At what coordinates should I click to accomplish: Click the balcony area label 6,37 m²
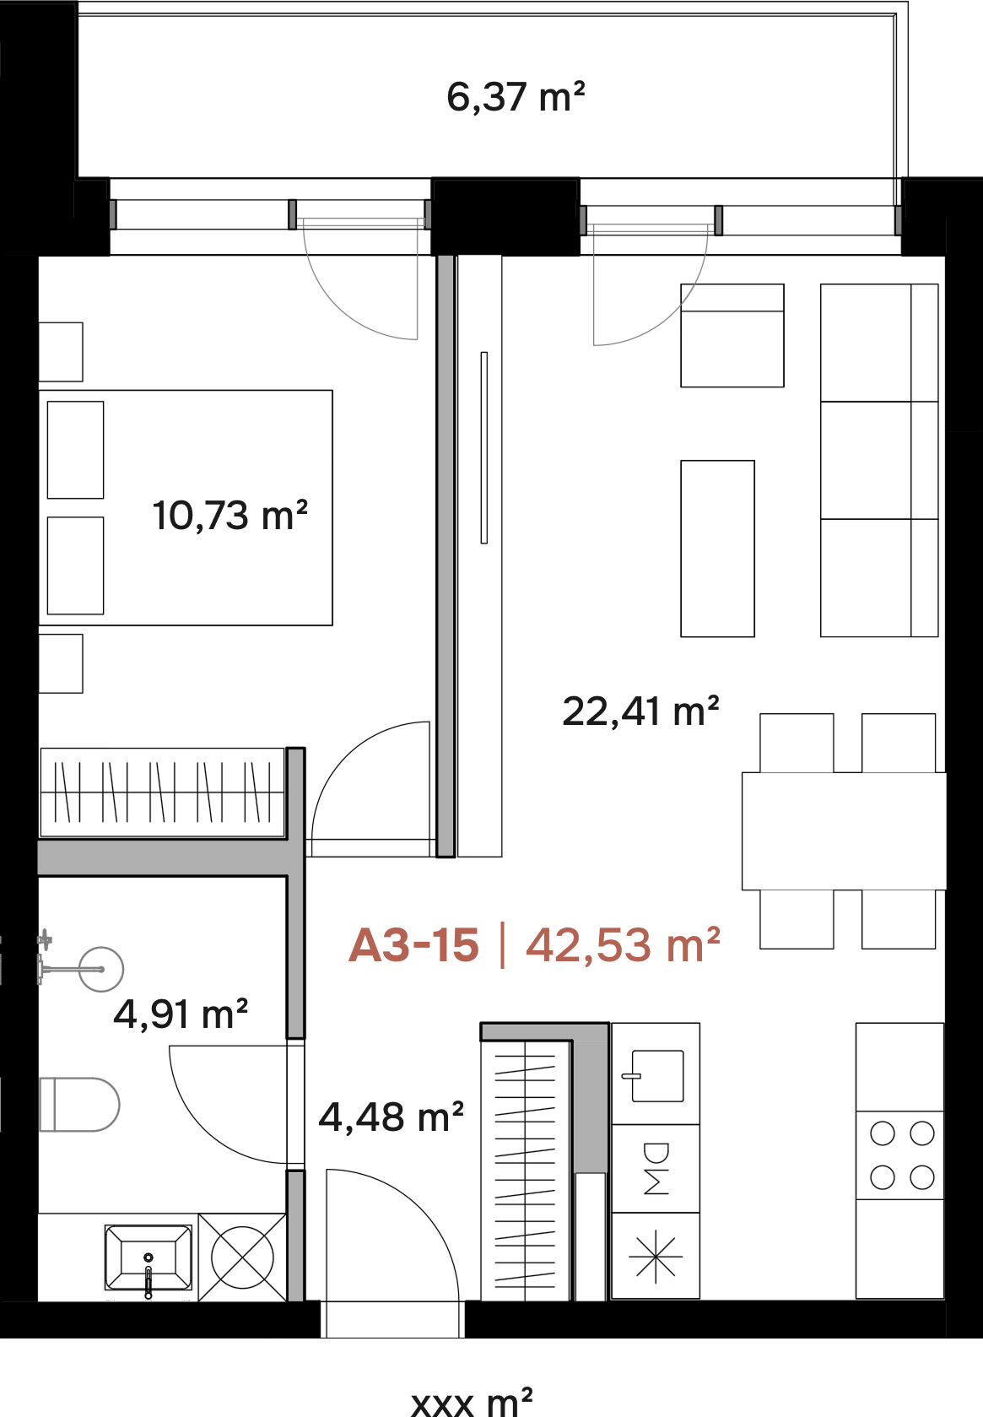coord(516,97)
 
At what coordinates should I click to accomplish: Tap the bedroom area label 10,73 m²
coord(230,516)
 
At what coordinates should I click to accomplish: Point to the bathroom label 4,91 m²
coord(181,1014)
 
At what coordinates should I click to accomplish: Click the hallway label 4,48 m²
coord(391,1117)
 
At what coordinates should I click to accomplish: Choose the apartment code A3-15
coord(413,946)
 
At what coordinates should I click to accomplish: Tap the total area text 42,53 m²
coord(623,945)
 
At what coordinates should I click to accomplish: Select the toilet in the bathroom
coord(79,1105)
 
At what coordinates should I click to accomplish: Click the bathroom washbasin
coord(148,1257)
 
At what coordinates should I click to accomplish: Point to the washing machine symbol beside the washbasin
coord(242,1257)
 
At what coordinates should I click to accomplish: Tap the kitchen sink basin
coord(656,1076)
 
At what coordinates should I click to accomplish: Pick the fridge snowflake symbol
coord(656,1257)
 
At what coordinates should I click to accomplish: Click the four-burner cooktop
coord(899,1156)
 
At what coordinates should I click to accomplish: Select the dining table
coord(844,830)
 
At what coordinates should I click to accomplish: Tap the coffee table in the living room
coord(717,549)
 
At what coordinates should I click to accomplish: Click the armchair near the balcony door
coord(732,335)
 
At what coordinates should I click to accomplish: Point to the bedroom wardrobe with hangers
coord(163,792)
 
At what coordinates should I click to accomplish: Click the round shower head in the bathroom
coord(101,969)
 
